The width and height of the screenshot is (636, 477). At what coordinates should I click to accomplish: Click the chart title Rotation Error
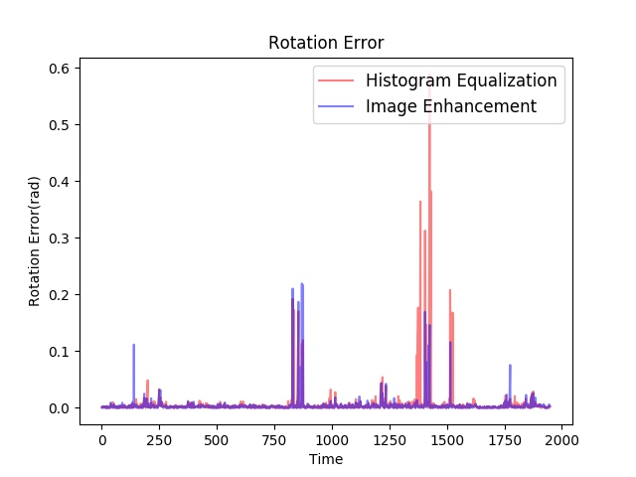[326, 43]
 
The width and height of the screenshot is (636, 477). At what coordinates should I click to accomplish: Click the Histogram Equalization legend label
[461, 80]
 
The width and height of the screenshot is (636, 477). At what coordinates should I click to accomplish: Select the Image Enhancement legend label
[451, 106]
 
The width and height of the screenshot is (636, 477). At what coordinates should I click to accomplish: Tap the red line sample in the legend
[336, 80]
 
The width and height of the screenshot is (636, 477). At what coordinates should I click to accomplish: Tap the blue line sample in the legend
[336, 106]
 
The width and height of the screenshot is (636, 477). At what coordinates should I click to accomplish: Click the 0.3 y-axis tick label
[60, 238]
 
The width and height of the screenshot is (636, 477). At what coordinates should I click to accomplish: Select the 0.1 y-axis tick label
[60, 351]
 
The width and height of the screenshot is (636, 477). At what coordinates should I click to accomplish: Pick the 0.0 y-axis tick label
[60, 408]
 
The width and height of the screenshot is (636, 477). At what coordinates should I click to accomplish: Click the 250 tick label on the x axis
[159, 440]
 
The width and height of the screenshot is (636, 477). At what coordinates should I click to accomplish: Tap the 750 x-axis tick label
[274, 440]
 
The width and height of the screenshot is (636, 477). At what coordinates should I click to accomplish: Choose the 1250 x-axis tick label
[390, 440]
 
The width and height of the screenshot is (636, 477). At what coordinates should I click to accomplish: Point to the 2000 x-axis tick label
[561, 440]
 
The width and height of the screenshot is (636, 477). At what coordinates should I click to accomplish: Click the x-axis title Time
[326, 459]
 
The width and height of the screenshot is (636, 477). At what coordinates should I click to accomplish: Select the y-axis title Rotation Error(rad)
[34, 241]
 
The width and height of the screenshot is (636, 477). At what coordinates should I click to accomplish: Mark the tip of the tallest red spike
[429, 81]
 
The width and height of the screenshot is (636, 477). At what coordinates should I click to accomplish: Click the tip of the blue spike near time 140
[133, 345]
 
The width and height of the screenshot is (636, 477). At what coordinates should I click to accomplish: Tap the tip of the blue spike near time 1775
[510, 365]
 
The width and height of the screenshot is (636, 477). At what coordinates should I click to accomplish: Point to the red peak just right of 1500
[450, 290]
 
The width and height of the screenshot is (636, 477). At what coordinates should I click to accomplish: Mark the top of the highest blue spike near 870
[302, 283]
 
